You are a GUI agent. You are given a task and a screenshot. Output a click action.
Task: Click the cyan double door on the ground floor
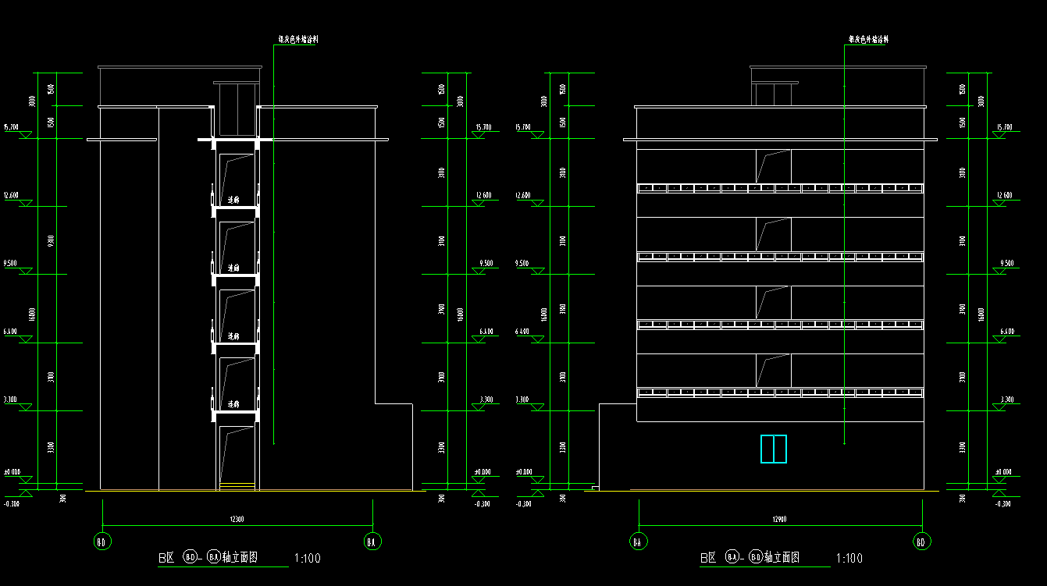point(774,449)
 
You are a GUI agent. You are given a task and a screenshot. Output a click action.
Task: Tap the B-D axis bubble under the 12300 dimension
point(102,541)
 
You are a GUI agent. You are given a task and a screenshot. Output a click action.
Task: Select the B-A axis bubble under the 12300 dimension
point(373,541)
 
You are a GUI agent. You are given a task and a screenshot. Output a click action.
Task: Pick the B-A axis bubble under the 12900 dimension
point(639,541)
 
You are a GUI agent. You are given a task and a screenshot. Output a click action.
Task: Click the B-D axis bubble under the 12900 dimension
point(921,541)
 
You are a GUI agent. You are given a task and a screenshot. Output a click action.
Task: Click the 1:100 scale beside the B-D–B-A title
point(306,559)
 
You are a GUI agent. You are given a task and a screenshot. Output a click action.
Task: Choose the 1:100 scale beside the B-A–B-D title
point(849,559)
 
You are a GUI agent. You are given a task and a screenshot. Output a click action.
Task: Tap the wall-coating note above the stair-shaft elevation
point(298,39)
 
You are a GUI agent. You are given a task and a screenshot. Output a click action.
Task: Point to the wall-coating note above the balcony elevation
point(869,39)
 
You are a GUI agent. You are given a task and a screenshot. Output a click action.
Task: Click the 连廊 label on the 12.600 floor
point(233,201)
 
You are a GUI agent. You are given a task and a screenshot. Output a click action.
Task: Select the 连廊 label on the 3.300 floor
point(233,405)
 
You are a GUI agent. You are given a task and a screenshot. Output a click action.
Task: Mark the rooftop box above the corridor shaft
point(236,109)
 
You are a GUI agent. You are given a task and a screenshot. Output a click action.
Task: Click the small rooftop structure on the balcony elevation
point(774,93)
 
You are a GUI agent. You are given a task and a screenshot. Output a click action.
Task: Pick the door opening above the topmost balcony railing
point(773,166)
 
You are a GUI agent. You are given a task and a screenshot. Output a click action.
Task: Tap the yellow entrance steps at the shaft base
point(237,488)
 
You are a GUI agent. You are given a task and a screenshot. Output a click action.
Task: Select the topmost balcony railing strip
point(781,188)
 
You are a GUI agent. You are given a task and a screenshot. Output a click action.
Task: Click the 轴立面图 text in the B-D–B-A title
point(240,558)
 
